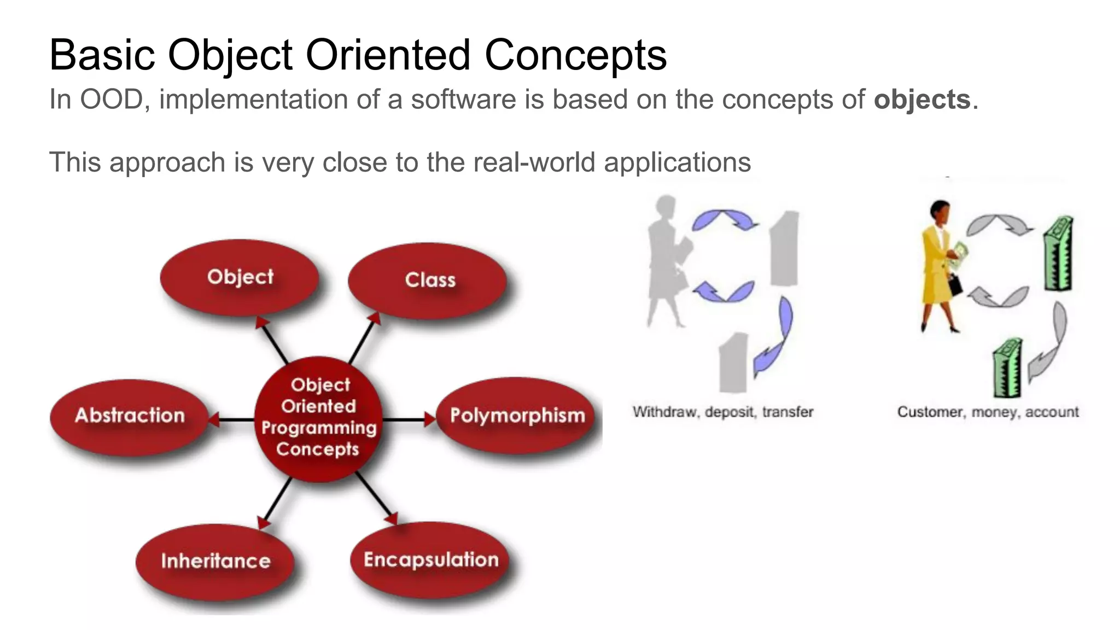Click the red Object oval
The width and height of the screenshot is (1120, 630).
point(240,277)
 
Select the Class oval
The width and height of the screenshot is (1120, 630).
point(427,280)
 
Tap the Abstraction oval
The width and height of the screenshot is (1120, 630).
point(129,416)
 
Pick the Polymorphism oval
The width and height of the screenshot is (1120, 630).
point(516,416)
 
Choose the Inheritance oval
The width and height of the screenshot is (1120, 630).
point(215,561)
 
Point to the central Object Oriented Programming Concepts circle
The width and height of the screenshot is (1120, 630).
point(318,418)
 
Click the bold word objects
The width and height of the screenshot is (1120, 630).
point(921,100)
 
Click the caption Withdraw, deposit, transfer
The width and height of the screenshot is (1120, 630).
point(722,412)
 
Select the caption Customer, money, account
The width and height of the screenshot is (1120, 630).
point(988,412)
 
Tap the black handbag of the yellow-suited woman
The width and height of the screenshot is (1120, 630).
point(955,284)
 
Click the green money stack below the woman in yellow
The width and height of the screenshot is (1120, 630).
point(1007,369)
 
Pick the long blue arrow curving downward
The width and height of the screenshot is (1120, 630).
point(777,339)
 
